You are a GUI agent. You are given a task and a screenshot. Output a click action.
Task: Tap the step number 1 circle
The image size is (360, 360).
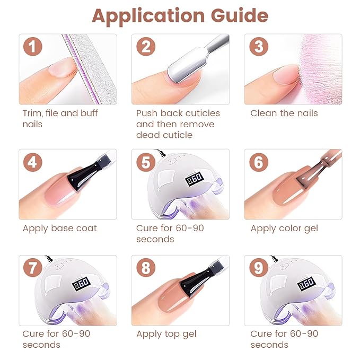pyautogui.click(x=33, y=47)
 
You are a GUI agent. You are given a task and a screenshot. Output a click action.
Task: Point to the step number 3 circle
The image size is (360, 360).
pyautogui.click(x=258, y=47)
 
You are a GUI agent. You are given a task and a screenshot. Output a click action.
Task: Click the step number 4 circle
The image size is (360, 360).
pyautogui.click(x=33, y=162)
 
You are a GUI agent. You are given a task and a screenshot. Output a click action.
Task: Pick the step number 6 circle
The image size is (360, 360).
pyautogui.click(x=258, y=162)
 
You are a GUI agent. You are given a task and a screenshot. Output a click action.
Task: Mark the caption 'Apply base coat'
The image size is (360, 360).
pyautogui.click(x=60, y=229)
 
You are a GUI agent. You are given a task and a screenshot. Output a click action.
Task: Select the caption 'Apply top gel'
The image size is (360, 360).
pyautogui.click(x=166, y=334)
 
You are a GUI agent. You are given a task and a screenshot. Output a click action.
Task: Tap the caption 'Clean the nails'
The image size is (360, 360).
pyautogui.click(x=284, y=113)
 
